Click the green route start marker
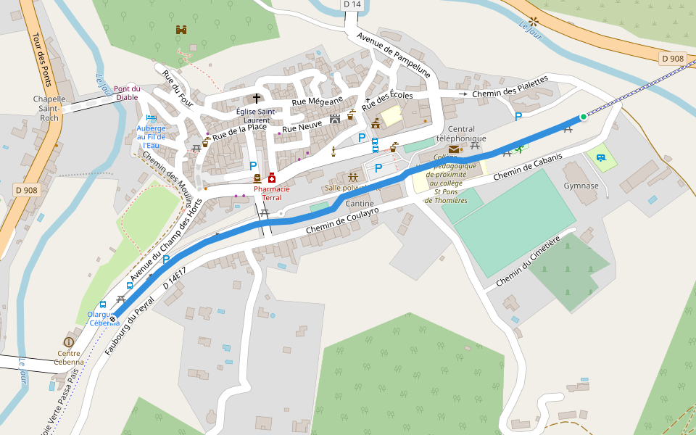coord(583,117)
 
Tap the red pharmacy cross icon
coord(272,178)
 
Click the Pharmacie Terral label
coord(272,193)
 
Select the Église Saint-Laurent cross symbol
coord(256,98)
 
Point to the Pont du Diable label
coord(127,93)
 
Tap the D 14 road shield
coord(351,4)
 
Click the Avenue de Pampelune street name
coord(393,54)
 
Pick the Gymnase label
coord(581,186)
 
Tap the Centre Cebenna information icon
coord(69,341)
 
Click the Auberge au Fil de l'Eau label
coord(151,137)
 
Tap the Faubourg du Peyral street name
coord(130,326)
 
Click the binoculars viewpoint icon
coord(181,30)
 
